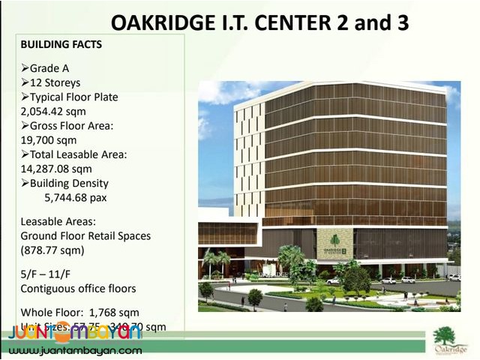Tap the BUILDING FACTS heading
pyautogui.click(x=61, y=45)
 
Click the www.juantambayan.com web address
pyautogui.click(x=75, y=350)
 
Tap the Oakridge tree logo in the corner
pyautogui.click(x=450, y=340)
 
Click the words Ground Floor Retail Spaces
pyautogui.click(x=85, y=235)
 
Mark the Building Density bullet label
pyautogui.click(x=69, y=183)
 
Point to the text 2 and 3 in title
pyautogui.click(x=369, y=22)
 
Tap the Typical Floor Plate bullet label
pyautogui.click(x=73, y=97)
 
